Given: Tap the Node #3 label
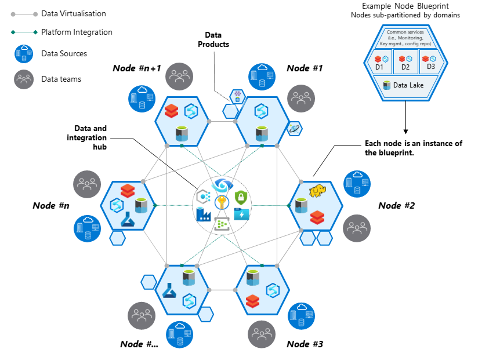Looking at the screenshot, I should pos(305,344).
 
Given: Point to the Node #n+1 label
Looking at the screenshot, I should pos(136,68).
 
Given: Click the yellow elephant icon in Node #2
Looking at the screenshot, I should pos(317,192).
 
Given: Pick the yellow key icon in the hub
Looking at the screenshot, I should pos(221,202).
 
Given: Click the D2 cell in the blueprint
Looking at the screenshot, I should pos(406,63).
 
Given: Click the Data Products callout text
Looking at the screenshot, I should pos(213,40).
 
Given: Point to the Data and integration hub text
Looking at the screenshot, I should pos(90,137).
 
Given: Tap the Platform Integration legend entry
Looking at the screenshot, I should pos(77,32).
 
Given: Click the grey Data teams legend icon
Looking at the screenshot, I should pos(24,79).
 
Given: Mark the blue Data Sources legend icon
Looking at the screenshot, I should pos(24,54).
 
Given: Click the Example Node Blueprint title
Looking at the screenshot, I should pos(405,6).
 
